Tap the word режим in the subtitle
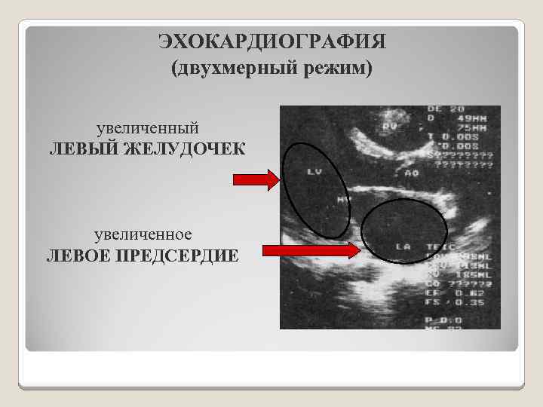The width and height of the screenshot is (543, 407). click(x=335, y=69)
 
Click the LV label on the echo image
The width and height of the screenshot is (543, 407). click(x=314, y=172)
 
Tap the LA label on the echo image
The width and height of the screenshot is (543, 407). click(x=402, y=246)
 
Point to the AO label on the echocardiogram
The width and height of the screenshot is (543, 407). click(x=411, y=173)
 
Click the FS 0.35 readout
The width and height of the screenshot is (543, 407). click(x=468, y=301)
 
